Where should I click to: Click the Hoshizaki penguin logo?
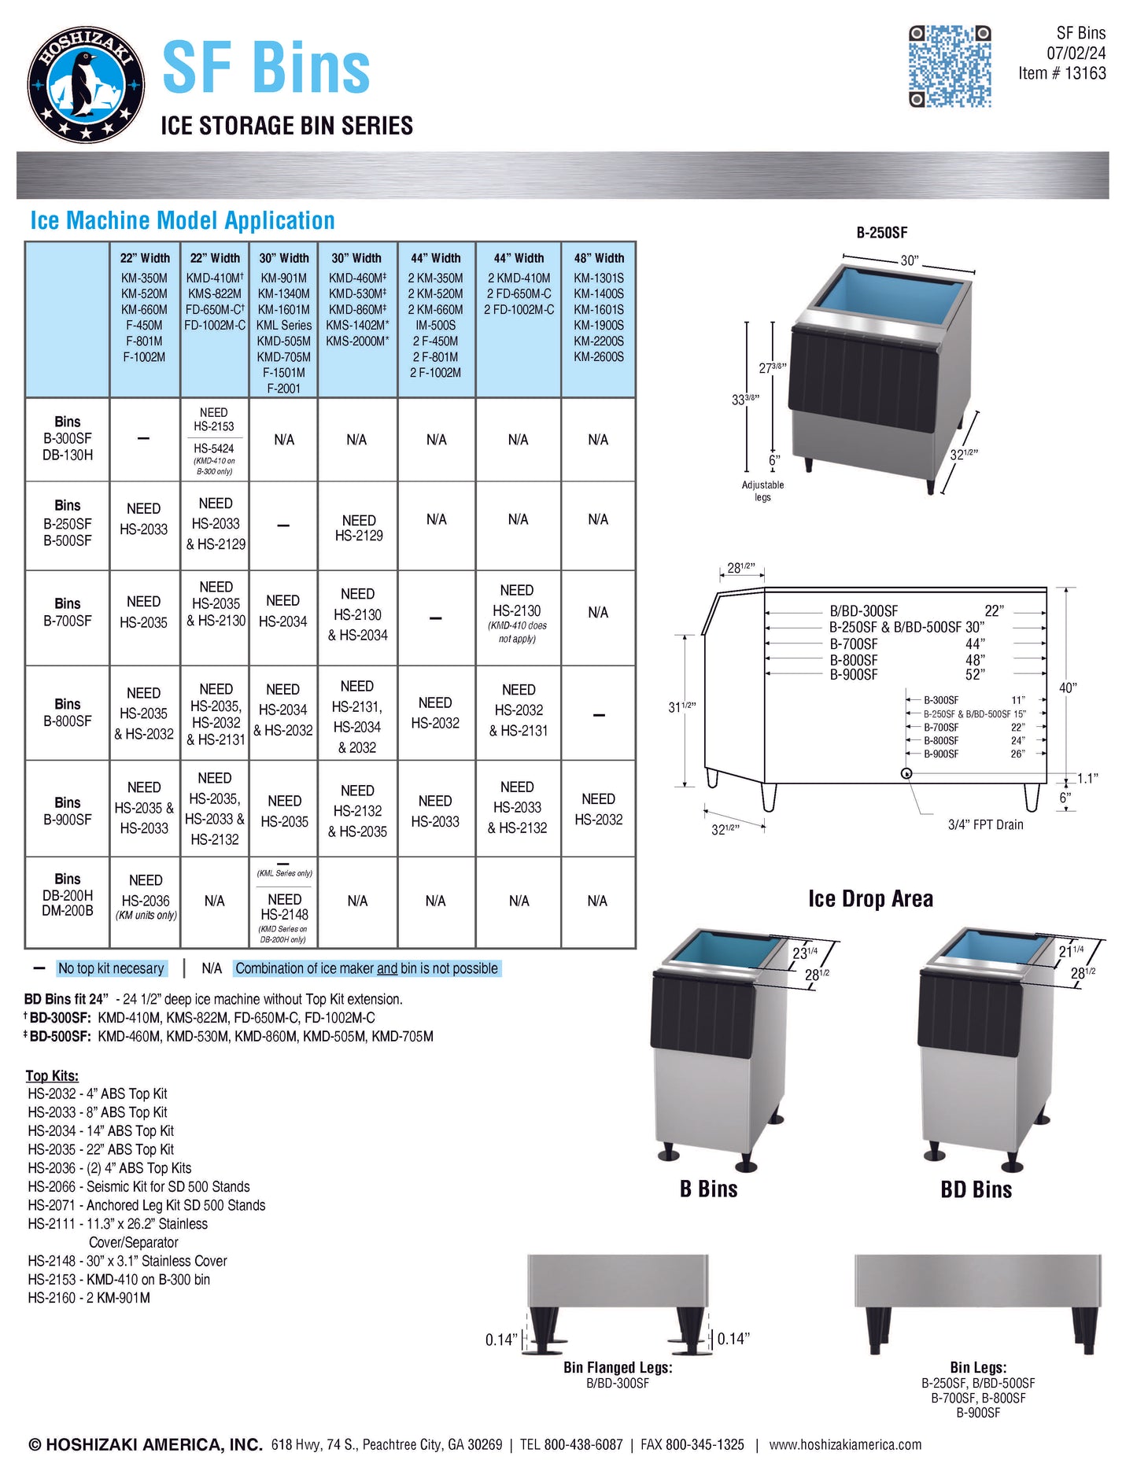[x=86, y=84]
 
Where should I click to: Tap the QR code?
[x=949, y=66]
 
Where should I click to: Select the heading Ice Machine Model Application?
[x=183, y=221]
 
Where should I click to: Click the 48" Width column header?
[x=598, y=258]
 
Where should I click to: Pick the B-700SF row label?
[x=68, y=613]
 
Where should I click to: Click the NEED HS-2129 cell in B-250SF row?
[x=359, y=528]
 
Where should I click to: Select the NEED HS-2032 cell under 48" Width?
[x=598, y=809]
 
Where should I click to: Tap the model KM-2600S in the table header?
[x=598, y=357]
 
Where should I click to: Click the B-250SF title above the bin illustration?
[x=881, y=233]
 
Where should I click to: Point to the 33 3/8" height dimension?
[x=745, y=400]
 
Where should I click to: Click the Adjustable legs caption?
[x=762, y=491]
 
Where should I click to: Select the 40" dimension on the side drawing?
[x=1067, y=688]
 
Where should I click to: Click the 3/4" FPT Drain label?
[x=985, y=824]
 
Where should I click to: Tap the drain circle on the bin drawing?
[x=906, y=773]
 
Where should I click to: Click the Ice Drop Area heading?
[x=870, y=899]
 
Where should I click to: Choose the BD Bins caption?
[x=976, y=1189]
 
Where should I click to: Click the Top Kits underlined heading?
[x=52, y=1075]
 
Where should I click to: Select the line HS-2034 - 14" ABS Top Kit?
[x=101, y=1131]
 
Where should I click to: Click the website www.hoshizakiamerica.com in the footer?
[x=845, y=1445]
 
